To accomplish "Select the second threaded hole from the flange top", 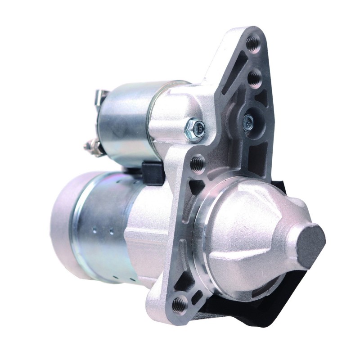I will click(255, 77).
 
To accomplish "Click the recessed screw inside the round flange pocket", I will click(248, 121).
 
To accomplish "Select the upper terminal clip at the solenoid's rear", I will click(100, 96).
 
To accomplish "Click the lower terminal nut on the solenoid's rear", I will click(90, 146).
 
